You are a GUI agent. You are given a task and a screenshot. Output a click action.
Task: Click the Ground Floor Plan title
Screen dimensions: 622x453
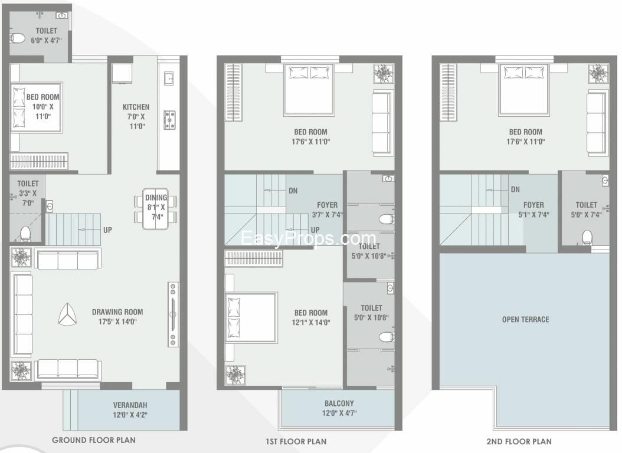coord(94,440)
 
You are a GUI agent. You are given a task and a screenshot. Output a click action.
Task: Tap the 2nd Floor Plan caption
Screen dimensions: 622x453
coord(519,441)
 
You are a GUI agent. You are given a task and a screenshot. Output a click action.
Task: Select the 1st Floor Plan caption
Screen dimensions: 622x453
coord(296,441)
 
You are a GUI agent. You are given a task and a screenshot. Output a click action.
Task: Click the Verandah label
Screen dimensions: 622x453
coord(130,405)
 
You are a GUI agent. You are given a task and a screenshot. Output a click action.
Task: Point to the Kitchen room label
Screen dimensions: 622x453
coord(136,107)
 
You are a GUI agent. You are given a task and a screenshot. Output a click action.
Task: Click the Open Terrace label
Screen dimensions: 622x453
coord(526,320)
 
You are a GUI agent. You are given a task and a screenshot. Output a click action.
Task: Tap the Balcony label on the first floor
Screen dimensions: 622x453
coord(339,403)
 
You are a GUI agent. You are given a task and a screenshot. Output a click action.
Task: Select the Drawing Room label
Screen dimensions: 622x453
coord(117,312)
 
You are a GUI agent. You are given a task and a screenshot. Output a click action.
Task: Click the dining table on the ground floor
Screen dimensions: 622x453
coord(156,209)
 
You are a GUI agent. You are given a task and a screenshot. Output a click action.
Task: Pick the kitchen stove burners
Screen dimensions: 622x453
coord(170,120)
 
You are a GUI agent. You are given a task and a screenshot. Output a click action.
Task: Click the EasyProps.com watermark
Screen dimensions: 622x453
coord(308,238)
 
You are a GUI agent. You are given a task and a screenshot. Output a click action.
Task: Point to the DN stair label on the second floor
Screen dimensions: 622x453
coord(515,189)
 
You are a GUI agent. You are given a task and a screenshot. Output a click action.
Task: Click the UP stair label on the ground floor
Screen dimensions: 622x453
coord(107,230)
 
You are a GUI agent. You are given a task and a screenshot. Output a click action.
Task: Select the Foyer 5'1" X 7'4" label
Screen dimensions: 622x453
coord(533,209)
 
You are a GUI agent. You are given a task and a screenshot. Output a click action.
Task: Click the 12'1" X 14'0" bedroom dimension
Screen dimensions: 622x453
coord(311,322)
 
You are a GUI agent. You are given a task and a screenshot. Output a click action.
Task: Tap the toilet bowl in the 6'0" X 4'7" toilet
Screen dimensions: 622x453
coord(17,38)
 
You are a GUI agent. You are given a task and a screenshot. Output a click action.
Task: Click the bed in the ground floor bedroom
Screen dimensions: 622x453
coord(37,107)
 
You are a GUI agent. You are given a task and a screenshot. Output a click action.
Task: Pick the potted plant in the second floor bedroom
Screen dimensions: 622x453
coord(598,74)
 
